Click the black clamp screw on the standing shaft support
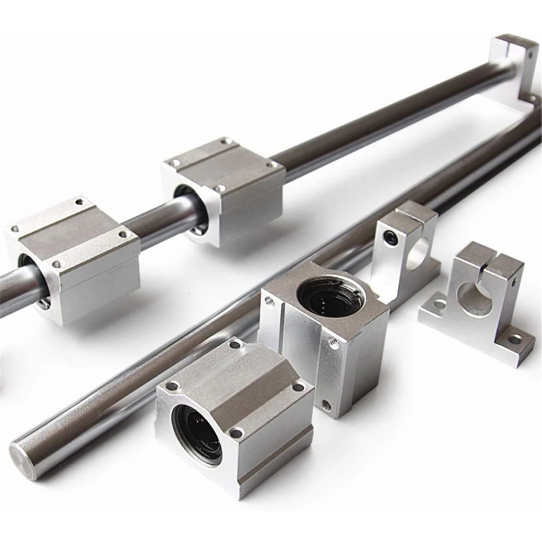tap(389, 235)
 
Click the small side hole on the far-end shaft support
tap(530, 65)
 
